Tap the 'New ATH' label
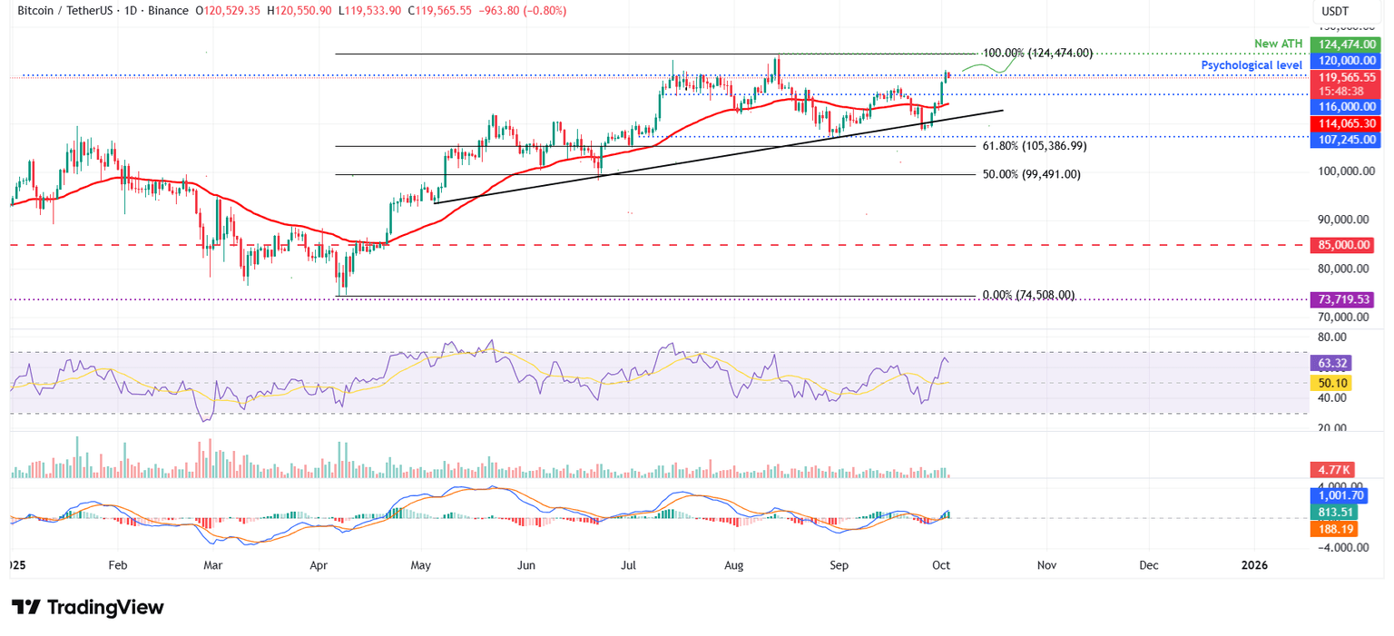point(1279,44)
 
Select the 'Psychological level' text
point(1252,65)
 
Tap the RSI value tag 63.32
point(1331,363)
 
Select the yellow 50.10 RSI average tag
point(1331,383)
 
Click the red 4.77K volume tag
point(1331,470)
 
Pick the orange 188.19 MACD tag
point(1331,529)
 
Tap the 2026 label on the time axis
point(1254,564)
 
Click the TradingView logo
point(88,607)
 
